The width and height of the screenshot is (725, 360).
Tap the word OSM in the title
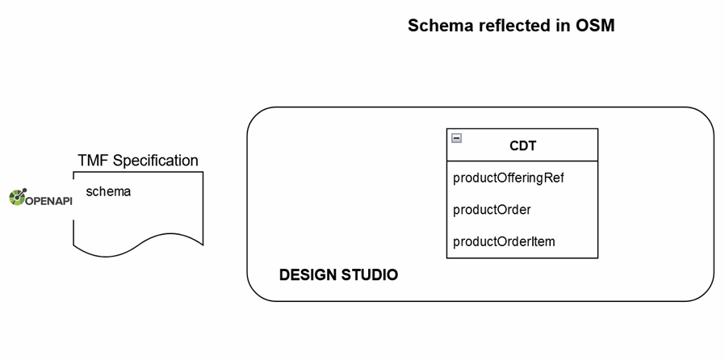(596, 26)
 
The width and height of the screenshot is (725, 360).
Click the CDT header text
(523, 146)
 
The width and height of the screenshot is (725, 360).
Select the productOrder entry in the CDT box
(492, 210)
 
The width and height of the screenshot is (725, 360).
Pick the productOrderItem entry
(504, 241)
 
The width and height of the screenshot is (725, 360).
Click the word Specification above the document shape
(155, 161)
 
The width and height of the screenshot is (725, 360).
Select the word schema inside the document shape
(108, 191)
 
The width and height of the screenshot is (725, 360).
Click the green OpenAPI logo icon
(18, 198)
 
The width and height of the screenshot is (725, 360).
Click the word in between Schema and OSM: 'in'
(562, 26)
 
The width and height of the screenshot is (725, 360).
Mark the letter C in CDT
(514, 146)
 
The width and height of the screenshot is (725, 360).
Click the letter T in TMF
(82, 161)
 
